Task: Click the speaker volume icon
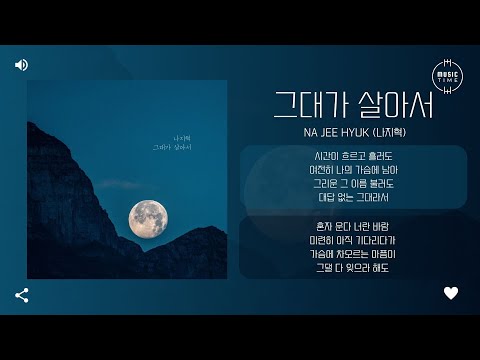(x=21, y=65)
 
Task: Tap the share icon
(x=22, y=295)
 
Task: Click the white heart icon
(x=451, y=293)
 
